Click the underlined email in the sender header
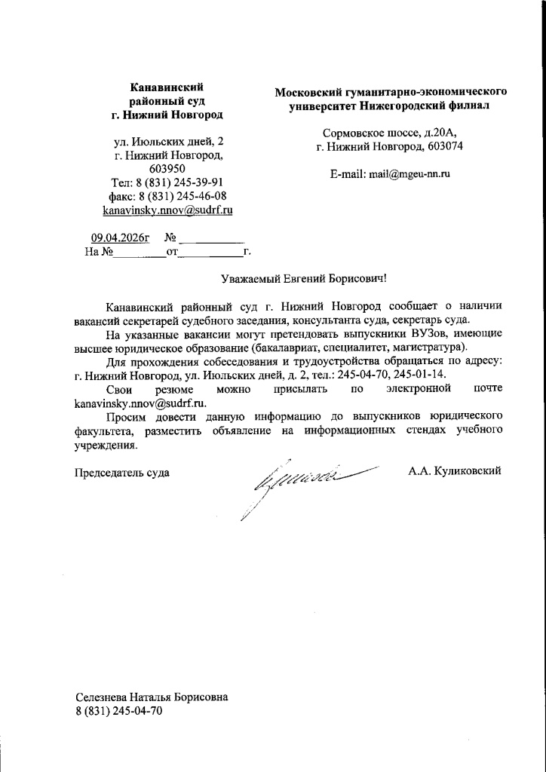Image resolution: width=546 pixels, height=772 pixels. click(x=167, y=210)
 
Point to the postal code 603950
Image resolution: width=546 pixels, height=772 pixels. click(x=167, y=169)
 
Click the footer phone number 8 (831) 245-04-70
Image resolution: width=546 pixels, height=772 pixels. click(x=119, y=712)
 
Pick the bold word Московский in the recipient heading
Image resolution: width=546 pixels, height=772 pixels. click(x=308, y=92)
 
